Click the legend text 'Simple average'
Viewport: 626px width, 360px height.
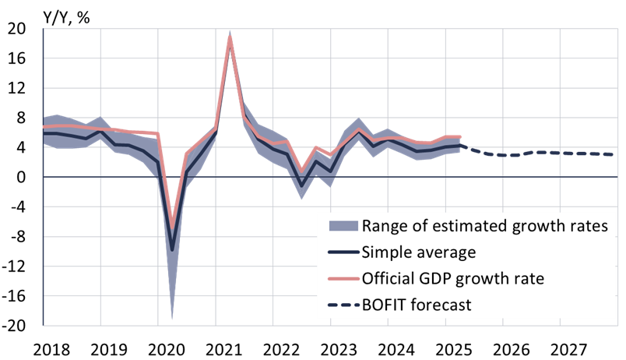(418, 252)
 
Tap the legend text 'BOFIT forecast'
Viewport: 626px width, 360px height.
(416, 305)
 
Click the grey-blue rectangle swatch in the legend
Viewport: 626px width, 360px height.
(343, 227)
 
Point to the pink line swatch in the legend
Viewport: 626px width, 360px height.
(343, 278)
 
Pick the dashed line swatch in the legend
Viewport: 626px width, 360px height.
(343, 305)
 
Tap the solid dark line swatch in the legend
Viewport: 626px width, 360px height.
(343, 252)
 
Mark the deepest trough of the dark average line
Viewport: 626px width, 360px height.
(172, 250)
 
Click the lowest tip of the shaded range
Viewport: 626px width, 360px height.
(172, 319)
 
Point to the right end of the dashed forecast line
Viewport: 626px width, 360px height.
(614, 154)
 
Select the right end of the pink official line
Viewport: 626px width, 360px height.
(460, 137)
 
